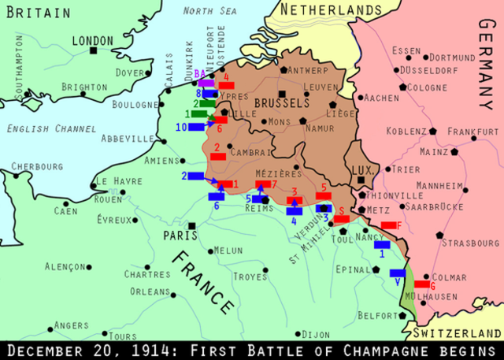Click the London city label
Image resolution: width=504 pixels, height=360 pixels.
pyautogui.click(x=92, y=40)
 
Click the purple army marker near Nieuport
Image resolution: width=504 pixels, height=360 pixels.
pyautogui.click(x=206, y=83)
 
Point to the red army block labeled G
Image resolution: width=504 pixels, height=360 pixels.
pyautogui.click(x=422, y=284)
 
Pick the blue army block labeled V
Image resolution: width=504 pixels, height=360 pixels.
pyautogui.click(x=398, y=273)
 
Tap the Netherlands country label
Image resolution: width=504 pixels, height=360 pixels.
pyautogui.click(x=327, y=10)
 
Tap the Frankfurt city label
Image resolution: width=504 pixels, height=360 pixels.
pyautogui.click(x=472, y=132)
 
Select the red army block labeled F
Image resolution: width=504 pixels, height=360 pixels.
pyautogui.click(x=389, y=225)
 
